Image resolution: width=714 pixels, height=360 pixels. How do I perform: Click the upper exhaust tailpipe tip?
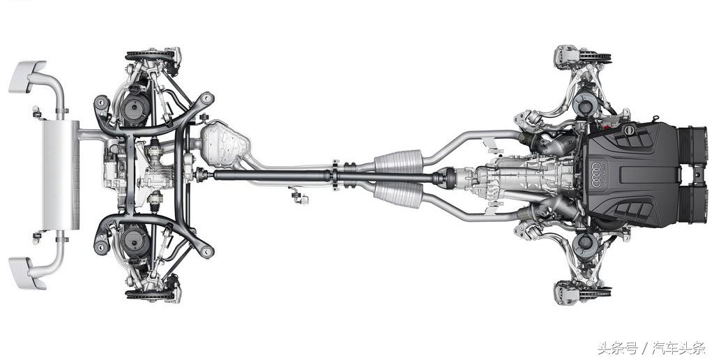coord(27,76)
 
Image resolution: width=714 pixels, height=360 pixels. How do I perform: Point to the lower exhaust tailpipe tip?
coord(27,273)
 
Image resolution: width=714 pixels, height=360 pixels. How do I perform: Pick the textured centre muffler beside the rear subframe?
coord(224,144)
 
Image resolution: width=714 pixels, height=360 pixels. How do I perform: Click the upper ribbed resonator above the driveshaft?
coord(398,161)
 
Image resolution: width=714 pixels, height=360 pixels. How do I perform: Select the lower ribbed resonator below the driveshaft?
coord(398,195)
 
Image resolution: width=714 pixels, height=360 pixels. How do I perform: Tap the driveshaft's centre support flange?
coord(335,175)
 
